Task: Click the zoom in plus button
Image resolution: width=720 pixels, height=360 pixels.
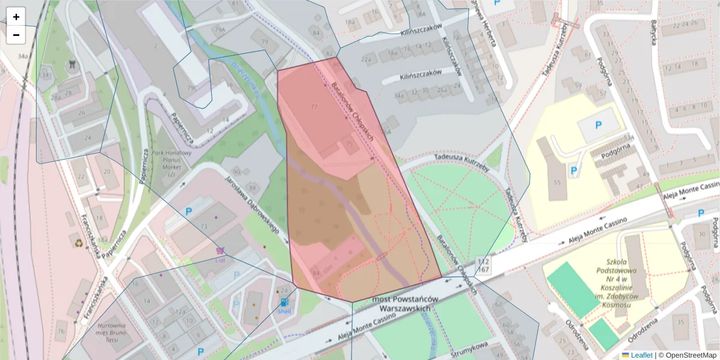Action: tap(16, 17)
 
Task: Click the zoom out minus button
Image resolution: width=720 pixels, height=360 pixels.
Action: tap(16, 35)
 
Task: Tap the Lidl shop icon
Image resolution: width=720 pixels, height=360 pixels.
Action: tap(220, 252)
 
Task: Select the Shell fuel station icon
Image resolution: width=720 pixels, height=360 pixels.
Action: tap(283, 303)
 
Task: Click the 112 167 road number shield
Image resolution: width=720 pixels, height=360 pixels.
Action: tap(484, 265)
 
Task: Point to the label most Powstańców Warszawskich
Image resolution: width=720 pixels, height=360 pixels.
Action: tap(405, 304)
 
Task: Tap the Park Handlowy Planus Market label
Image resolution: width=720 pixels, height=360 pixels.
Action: tap(172, 164)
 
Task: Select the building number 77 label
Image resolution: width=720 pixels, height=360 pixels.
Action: tap(313, 107)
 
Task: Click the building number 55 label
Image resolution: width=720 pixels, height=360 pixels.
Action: tap(557, 182)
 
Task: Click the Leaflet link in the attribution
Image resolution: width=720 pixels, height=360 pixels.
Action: tap(641, 355)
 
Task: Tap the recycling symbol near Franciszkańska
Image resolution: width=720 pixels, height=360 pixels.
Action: tap(79, 244)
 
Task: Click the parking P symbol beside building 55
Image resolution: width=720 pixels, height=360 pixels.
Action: tap(574, 172)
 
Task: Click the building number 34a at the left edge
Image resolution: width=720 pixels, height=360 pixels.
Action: tap(23, 56)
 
